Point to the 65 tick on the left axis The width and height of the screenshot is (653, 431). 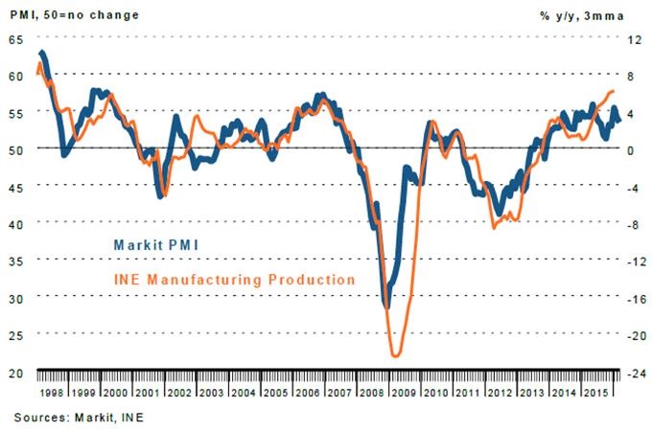(15, 39)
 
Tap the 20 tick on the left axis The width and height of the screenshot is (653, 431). (15, 374)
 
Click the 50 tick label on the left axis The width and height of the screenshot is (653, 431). (15, 150)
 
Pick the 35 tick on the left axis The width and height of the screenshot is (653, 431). (15, 261)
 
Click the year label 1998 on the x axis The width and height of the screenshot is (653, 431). (54, 394)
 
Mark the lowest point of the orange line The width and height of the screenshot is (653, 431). (395, 356)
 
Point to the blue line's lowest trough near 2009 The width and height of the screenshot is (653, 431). (386, 306)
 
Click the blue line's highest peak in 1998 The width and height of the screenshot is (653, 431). (42, 52)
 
